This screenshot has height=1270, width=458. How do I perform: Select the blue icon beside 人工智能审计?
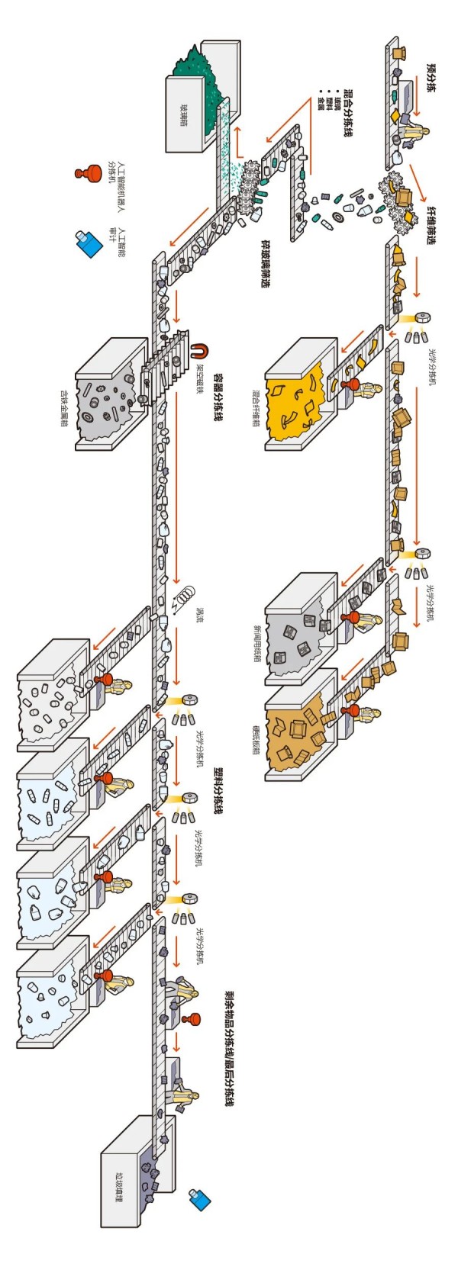pos(89,243)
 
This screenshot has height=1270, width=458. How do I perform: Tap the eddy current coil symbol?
pos(184,593)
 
